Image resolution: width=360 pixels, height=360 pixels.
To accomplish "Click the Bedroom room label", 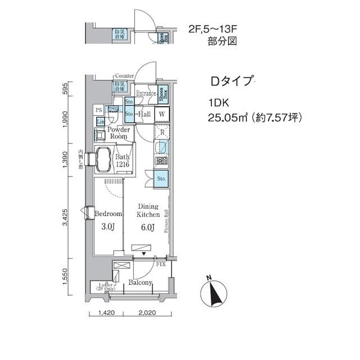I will (108, 214).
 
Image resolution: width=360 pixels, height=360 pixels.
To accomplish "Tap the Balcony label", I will (140, 282).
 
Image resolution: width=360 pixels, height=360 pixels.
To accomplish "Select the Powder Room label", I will (119, 133).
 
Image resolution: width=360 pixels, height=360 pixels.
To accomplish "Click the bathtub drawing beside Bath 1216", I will (103, 160).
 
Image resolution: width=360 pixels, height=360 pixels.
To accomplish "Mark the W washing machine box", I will (161, 114).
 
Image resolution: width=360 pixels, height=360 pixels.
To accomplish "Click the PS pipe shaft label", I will (99, 110).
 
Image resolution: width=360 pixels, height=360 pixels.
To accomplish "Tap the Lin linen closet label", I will (100, 122).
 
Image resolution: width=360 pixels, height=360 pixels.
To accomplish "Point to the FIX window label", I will (160, 264).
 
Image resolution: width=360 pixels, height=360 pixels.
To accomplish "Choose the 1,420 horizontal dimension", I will (106, 313).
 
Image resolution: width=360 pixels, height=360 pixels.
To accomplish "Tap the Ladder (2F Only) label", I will (100, 287).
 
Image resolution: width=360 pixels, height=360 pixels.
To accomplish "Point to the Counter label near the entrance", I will (124, 75).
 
